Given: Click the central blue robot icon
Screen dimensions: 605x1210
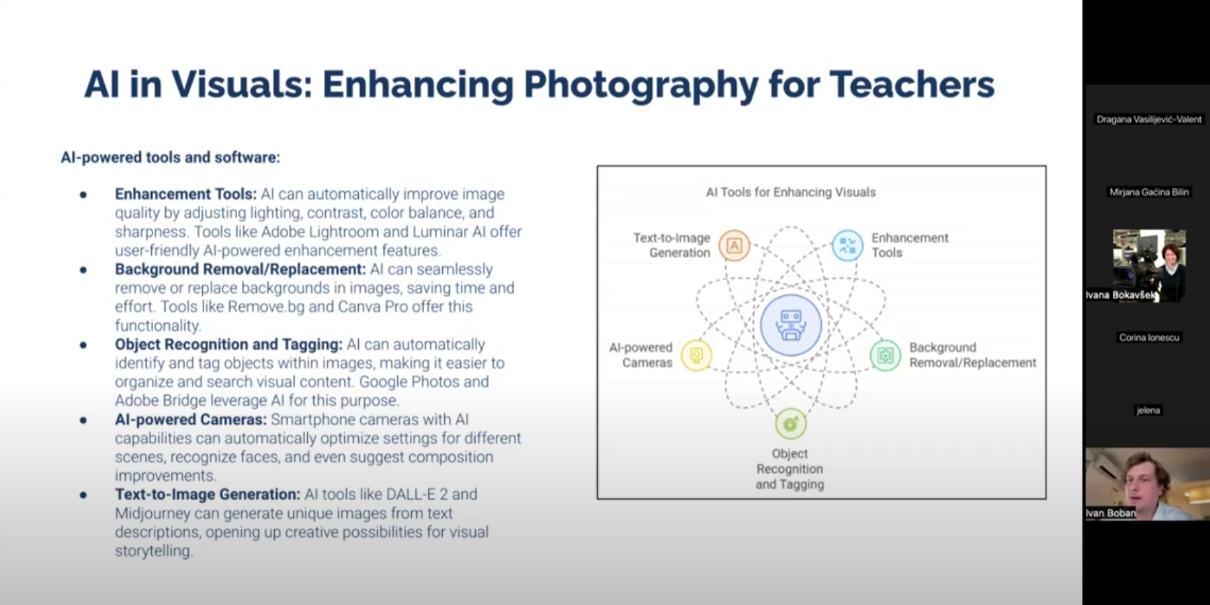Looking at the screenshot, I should [x=791, y=325].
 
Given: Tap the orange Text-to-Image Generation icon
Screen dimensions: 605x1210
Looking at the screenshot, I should [x=734, y=245].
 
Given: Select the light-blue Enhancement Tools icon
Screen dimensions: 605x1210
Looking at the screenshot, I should [x=847, y=245].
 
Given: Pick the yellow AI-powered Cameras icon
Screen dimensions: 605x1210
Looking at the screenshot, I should [x=696, y=355].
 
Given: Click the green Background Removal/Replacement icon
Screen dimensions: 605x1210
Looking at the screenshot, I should [x=885, y=355].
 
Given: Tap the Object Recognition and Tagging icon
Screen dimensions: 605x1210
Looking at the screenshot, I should [x=790, y=424].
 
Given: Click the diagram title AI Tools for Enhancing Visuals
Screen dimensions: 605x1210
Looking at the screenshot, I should [x=790, y=192].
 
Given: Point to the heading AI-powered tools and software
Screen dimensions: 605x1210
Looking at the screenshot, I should [x=170, y=157].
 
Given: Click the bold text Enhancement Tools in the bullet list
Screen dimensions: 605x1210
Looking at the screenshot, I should [x=185, y=194].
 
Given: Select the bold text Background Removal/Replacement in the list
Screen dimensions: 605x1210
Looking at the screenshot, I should [x=240, y=269].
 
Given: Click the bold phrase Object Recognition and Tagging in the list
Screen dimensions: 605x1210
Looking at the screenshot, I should [x=228, y=345].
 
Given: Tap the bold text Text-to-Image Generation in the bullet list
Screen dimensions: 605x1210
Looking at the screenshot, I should [x=207, y=494].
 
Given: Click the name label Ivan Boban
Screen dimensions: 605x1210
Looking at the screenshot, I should [x=1110, y=513].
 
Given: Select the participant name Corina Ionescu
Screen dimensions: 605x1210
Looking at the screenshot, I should [x=1148, y=338].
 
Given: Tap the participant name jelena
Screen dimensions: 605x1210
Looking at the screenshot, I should [x=1148, y=411].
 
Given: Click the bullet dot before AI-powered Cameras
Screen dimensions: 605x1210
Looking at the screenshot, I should [x=83, y=420].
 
